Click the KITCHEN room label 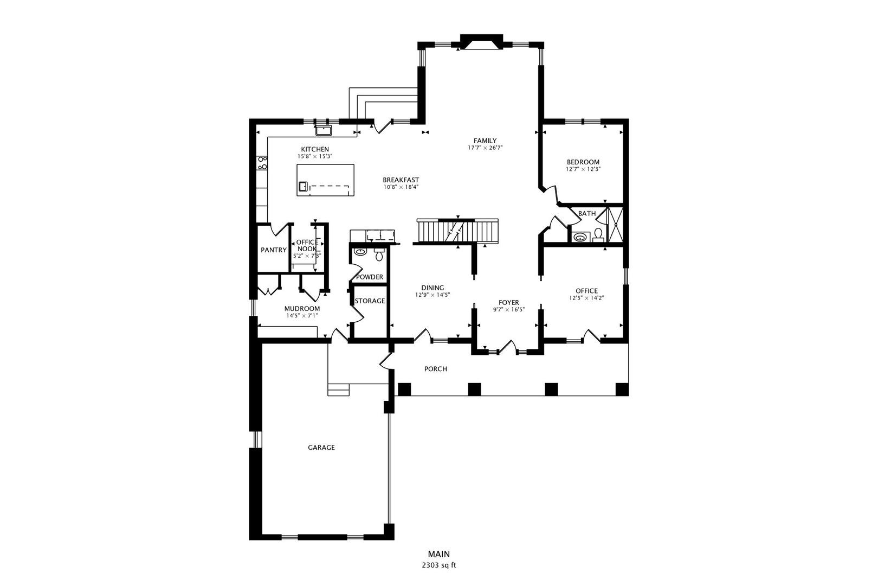tap(315, 149)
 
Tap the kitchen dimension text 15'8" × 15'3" tap(315, 156)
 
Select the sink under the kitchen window tap(324, 130)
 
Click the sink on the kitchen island tap(303, 187)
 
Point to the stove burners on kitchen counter tap(262, 162)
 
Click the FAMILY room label tap(485, 141)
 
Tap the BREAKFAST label tap(401, 180)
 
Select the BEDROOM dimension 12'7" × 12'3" tap(583, 169)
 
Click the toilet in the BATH tap(598, 234)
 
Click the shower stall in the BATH tap(615, 225)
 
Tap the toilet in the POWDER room tap(379, 254)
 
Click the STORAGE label tap(370, 301)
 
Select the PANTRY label tap(273, 250)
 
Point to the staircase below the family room tap(457, 231)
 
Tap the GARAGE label tap(321, 448)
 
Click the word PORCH tap(436, 369)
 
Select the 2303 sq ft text tap(439, 565)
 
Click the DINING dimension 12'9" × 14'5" tap(432, 295)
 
